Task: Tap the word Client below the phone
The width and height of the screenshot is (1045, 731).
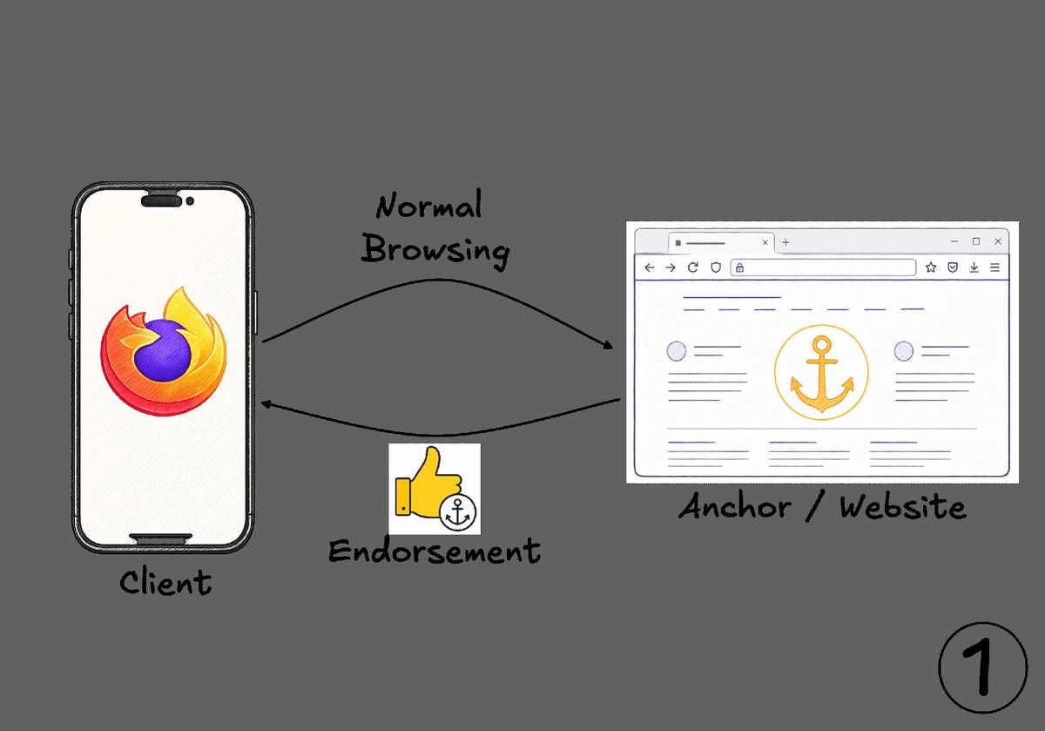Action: (165, 582)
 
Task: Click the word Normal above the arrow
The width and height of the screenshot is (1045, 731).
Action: (428, 205)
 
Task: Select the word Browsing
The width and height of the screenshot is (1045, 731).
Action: (435, 250)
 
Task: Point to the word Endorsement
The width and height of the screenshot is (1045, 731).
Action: (435, 551)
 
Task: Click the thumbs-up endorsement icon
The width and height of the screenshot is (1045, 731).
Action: (435, 489)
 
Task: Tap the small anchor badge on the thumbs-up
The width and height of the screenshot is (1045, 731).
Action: (458, 512)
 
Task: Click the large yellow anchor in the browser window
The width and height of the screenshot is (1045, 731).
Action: (821, 374)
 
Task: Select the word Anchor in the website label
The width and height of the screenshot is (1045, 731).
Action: (735, 506)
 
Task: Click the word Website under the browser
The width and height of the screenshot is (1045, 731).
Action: (903, 506)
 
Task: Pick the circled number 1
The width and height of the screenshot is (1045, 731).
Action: (983, 668)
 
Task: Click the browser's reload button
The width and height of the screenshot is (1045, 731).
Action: (693, 267)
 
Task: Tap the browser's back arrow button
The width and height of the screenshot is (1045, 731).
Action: (650, 267)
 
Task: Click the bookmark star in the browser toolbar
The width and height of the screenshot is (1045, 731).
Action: (931, 267)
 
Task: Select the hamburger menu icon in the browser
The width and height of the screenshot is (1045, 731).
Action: (995, 267)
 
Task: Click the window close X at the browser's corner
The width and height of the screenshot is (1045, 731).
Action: (998, 241)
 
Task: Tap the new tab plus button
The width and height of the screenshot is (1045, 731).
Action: (785, 242)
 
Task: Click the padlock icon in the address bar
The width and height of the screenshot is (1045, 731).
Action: (739, 267)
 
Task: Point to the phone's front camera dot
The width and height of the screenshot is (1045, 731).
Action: (190, 201)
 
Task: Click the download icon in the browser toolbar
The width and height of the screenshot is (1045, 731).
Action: (974, 267)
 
